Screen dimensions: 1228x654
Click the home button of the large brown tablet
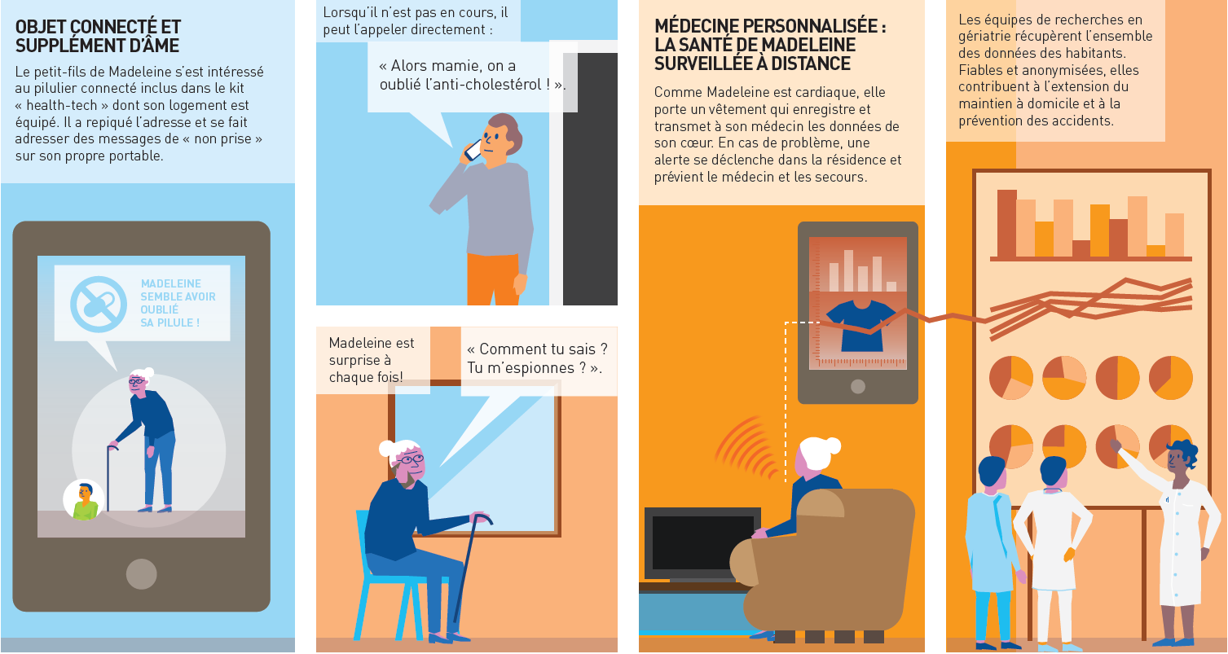(142, 573)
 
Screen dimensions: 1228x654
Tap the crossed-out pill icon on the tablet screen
(99, 305)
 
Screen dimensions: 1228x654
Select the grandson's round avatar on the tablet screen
(84, 499)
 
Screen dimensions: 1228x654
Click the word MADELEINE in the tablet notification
(171, 283)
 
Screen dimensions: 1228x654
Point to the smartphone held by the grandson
(472, 150)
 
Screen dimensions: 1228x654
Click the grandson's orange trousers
(493, 279)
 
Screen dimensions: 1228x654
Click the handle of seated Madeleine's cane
(482, 517)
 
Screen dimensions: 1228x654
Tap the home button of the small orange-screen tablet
(858, 387)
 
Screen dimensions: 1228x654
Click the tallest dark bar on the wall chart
(1006, 223)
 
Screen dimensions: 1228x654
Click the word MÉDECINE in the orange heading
(692, 26)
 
